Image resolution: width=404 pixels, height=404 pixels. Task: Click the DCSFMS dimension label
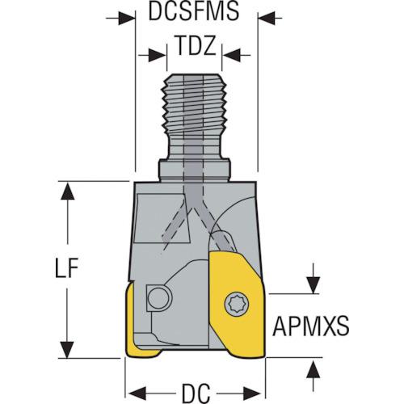pyautogui.click(x=194, y=11)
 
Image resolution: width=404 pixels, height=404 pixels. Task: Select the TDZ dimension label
pyautogui.click(x=196, y=46)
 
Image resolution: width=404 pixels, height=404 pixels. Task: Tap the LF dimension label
pyautogui.click(x=66, y=267)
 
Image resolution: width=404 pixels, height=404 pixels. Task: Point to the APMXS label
pyautogui.click(x=311, y=326)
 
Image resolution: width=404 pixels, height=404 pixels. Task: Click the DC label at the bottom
pyautogui.click(x=196, y=393)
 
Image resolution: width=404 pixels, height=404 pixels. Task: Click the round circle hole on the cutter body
pyautogui.click(x=159, y=298)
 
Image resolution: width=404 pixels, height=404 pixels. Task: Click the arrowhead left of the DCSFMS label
pyautogui.click(x=126, y=19)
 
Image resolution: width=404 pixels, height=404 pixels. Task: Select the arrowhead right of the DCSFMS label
pyautogui.click(x=267, y=19)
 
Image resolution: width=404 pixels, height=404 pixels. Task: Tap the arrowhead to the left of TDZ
pyautogui.click(x=157, y=55)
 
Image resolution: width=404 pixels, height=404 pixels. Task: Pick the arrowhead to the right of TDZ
pyautogui.click(x=232, y=55)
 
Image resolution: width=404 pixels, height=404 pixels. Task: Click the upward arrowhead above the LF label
pyautogui.click(x=67, y=191)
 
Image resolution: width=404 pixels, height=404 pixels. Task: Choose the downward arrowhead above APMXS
pyautogui.click(x=313, y=285)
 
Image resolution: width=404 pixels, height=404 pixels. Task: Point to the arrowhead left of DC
pyautogui.click(x=137, y=393)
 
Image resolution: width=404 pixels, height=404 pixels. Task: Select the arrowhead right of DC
pyautogui.click(x=252, y=393)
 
